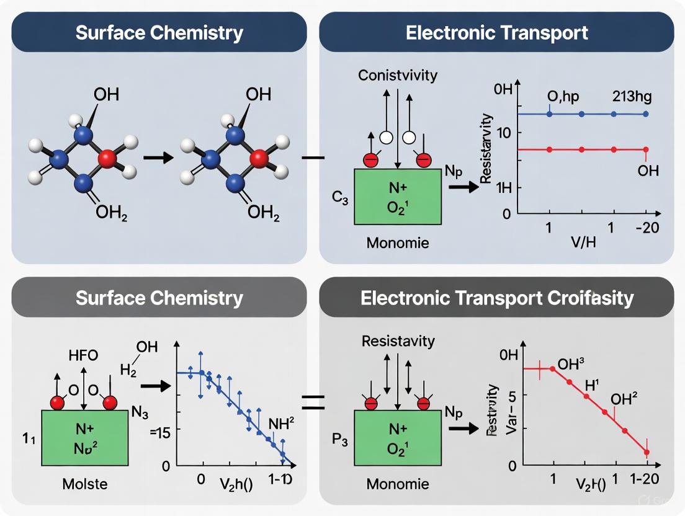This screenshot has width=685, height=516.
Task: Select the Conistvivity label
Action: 398,76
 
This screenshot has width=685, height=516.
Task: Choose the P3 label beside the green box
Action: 340,442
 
